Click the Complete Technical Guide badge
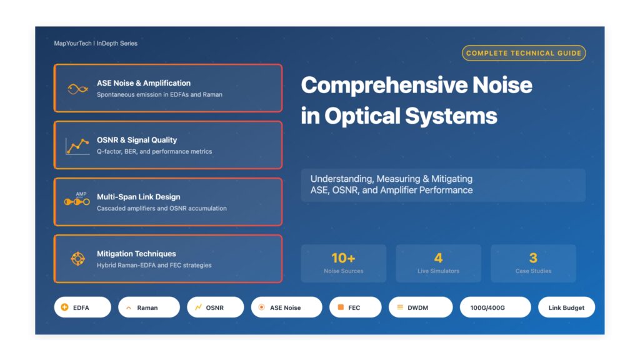[524, 53]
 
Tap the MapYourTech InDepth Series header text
[96, 44]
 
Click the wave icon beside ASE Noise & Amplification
[77, 89]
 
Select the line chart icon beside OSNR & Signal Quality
[77, 146]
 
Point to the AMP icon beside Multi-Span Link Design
[77, 201]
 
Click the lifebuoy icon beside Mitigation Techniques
[77, 259]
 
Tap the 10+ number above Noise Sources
[343, 258]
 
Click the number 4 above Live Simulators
[438, 258]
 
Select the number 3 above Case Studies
[533, 258]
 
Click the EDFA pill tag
[82, 307]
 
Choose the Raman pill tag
[148, 307]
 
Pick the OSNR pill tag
[214, 307]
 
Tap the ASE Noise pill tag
[286, 307]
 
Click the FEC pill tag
[354, 307]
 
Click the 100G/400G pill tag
[495, 307]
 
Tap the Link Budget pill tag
[566, 307]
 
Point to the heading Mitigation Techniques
[136, 254]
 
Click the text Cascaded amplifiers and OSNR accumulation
[162, 208]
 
